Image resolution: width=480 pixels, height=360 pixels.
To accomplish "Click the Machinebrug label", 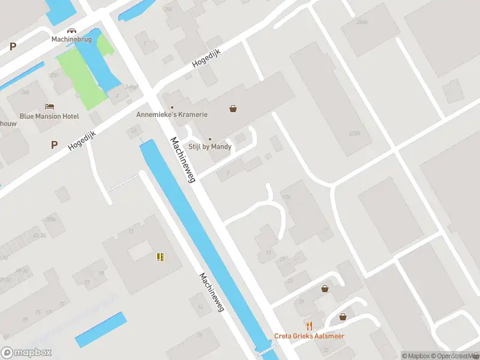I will click(x=71, y=40).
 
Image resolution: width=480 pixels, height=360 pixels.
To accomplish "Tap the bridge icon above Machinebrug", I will click(x=71, y=30).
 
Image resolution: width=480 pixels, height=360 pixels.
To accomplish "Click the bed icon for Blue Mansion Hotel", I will click(x=49, y=106).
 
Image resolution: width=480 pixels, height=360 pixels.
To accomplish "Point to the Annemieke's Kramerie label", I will click(x=172, y=114).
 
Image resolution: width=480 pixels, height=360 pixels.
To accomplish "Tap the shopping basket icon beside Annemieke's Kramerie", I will click(x=233, y=109).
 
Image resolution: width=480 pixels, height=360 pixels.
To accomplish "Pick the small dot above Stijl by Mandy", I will click(x=209, y=139).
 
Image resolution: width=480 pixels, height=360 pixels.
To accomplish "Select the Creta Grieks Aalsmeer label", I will click(x=309, y=336).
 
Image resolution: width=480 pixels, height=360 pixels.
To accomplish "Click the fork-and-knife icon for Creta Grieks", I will click(x=309, y=326).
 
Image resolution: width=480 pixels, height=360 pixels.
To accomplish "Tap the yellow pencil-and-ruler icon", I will click(x=160, y=257).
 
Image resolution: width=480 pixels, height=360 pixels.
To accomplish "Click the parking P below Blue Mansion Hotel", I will click(x=54, y=145).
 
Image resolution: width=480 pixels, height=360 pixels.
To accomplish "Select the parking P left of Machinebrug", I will click(x=13, y=46).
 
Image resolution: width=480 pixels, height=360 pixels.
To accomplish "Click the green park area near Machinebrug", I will click(x=81, y=78).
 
